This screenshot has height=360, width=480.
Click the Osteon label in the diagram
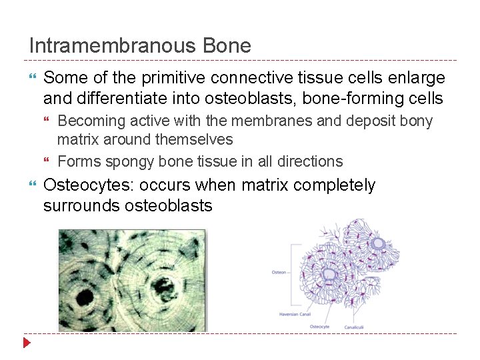(279, 272)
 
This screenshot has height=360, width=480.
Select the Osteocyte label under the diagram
(320, 327)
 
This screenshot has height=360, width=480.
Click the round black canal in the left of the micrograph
(85, 297)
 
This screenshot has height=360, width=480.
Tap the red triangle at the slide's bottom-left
(26, 343)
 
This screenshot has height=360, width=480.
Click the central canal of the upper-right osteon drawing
(378, 243)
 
